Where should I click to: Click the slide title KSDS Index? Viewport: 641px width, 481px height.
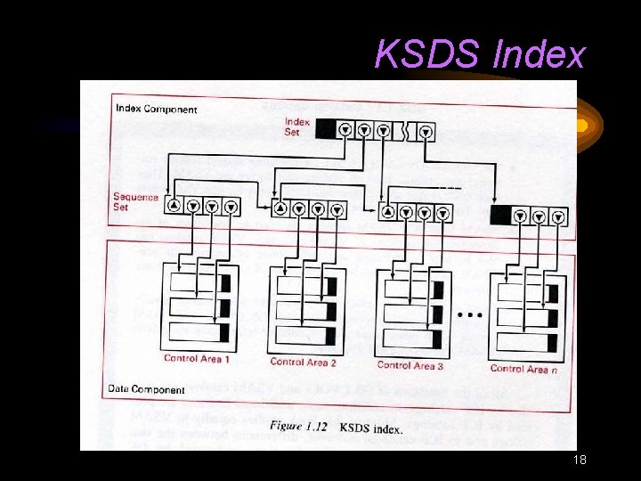click(480, 55)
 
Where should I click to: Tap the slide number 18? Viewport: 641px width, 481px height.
click(580, 461)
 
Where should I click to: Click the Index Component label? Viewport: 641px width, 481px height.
click(157, 110)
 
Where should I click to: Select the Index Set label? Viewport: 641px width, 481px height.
click(297, 126)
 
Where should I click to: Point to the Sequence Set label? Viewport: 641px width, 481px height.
click(135, 202)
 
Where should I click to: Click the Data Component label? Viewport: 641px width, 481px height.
click(147, 389)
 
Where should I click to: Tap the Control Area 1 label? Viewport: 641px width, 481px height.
click(197, 359)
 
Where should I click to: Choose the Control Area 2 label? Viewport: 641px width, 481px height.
click(303, 362)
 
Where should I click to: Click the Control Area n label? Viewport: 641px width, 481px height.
click(523, 368)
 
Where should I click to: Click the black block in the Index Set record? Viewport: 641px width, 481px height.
click(326, 130)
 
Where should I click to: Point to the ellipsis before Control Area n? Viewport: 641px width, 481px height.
click(470, 314)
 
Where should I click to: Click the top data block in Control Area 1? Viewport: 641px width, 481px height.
click(199, 284)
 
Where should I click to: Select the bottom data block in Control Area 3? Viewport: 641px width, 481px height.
click(410, 339)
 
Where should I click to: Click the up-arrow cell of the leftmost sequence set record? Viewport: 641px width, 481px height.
click(174, 206)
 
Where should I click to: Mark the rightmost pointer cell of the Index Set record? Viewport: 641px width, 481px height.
click(426, 132)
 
